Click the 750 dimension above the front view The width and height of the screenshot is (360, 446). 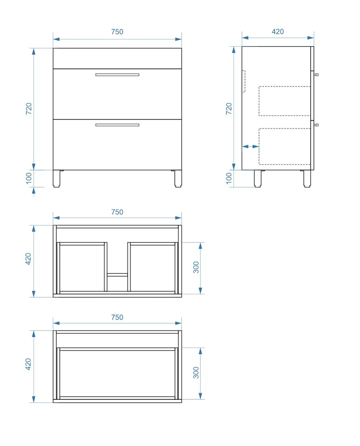[117, 32]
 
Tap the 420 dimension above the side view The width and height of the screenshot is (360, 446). [278, 31]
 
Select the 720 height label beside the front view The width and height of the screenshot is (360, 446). [29, 108]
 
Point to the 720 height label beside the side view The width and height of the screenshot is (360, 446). [228, 108]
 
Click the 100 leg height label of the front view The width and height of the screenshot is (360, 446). [29, 178]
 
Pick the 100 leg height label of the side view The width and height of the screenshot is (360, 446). [228, 178]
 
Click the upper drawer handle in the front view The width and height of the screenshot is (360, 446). [117, 75]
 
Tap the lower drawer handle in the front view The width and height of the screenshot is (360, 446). [117, 125]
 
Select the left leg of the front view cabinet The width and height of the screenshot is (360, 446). [57, 179]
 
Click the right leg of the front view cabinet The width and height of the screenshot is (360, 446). [178, 179]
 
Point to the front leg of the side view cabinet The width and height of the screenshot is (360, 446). [307, 179]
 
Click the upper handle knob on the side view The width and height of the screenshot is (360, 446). [316, 75]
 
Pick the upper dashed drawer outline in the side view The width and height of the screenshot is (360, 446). [284, 101]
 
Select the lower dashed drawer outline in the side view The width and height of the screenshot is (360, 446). [284, 146]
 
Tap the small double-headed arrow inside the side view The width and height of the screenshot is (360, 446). [250, 147]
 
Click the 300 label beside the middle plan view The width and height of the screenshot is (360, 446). [196, 267]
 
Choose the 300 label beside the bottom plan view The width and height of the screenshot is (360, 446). [196, 373]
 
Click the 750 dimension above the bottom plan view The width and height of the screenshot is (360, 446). [117, 317]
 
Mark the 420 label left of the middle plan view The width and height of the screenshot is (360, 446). [28, 259]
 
